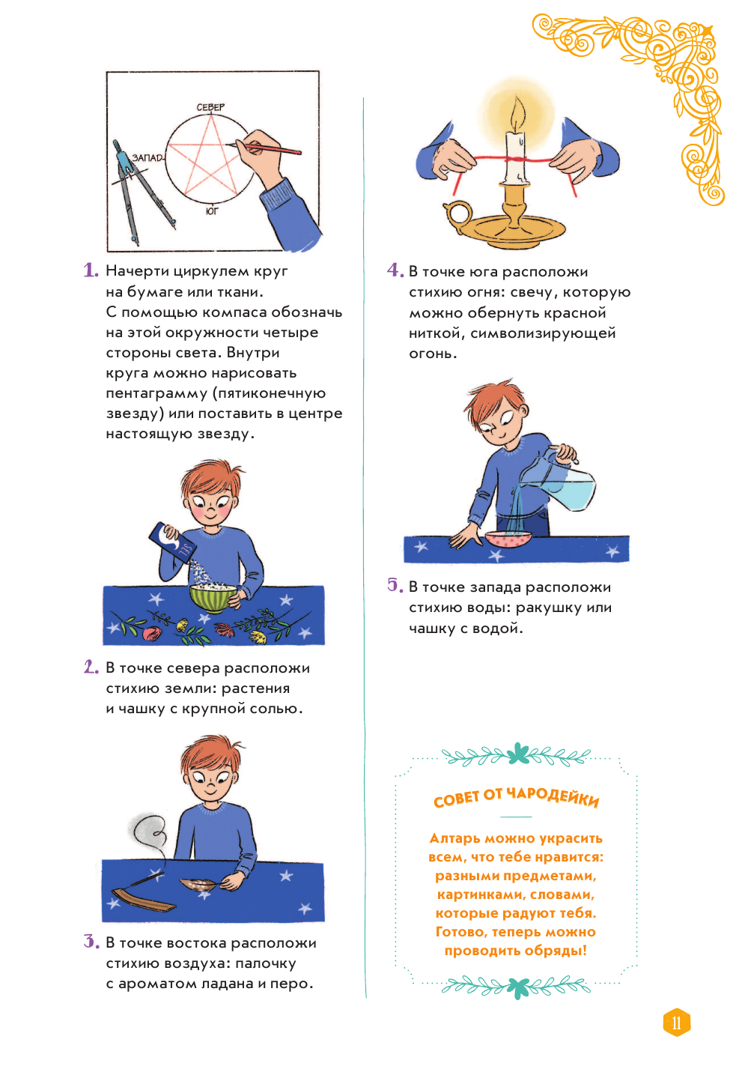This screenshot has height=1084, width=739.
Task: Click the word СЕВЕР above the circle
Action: click(210, 107)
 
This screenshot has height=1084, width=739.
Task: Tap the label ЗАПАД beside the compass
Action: click(148, 158)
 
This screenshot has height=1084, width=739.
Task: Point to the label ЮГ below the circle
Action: click(212, 211)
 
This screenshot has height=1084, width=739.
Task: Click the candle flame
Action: click(518, 113)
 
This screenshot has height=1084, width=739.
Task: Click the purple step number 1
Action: click(91, 270)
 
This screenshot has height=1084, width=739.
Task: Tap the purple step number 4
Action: click(395, 270)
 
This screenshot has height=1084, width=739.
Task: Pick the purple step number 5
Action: click(395, 586)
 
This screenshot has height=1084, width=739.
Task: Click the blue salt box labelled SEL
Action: click(172, 542)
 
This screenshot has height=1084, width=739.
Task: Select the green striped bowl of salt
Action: click(213, 598)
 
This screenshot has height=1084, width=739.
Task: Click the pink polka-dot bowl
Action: click(508, 539)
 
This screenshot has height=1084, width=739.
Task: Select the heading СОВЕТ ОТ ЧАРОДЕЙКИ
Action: click(516, 798)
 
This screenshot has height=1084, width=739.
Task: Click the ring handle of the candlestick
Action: click(457, 214)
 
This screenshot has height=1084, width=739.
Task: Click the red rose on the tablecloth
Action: click(151, 632)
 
